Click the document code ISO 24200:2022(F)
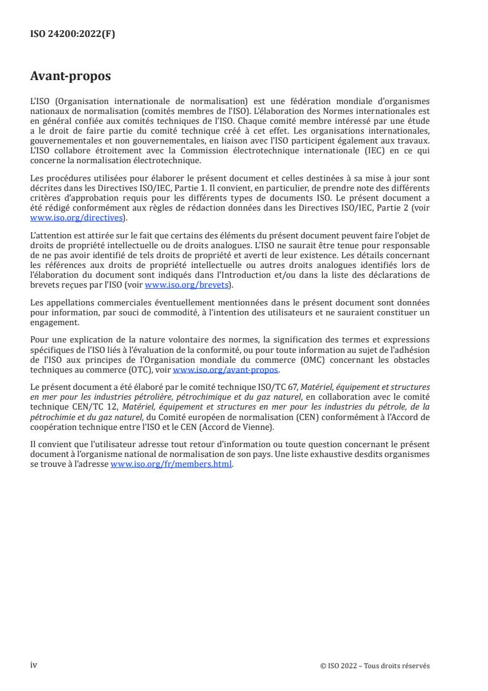(x=73, y=34)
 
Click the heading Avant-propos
(x=71, y=76)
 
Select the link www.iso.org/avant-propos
(x=226, y=370)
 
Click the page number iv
(x=34, y=665)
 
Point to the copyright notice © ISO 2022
(x=375, y=666)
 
